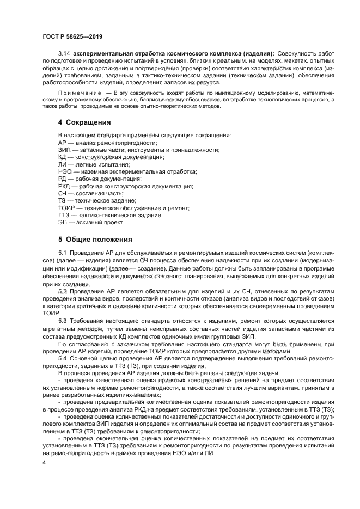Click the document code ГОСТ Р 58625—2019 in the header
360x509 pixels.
pos(72,36)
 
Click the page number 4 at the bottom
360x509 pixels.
pos(45,462)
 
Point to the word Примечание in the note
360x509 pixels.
pos(78,93)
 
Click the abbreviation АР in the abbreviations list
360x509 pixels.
pos(63,142)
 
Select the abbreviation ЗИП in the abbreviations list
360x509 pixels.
pos(64,150)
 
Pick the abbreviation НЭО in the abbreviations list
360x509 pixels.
pos(65,171)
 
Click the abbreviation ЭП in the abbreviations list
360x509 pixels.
pos(63,222)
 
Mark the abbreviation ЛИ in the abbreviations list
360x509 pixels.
pos(62,164)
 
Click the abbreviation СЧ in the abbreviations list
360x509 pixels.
pos(63,193)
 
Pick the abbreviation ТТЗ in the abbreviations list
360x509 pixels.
pos(64,215)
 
